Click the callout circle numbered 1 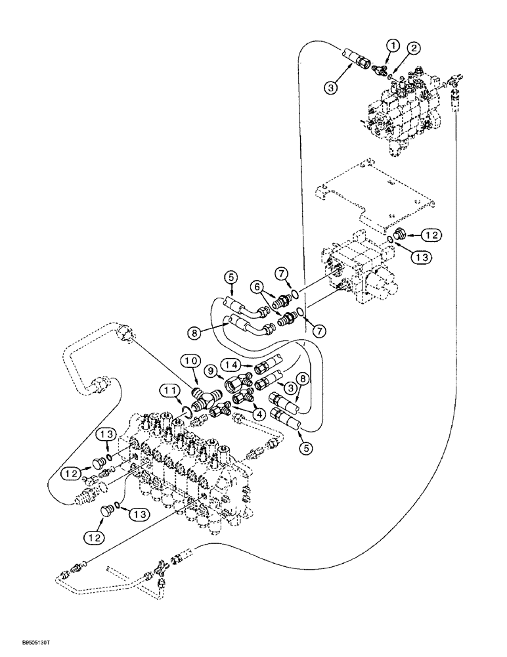(x=393, y=45)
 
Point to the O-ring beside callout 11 (x=187, y=412)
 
